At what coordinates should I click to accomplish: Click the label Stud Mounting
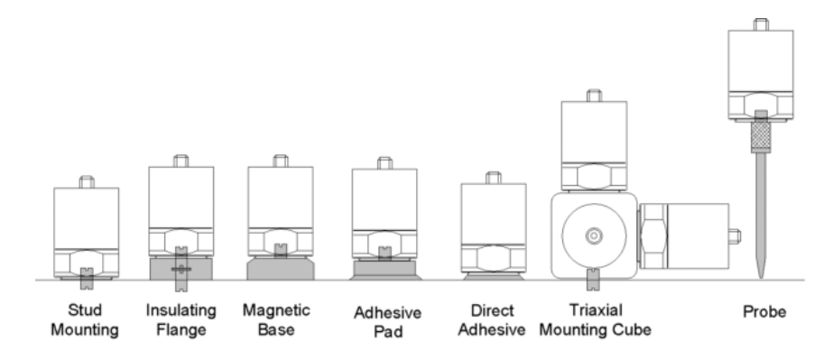[x=85, y=320]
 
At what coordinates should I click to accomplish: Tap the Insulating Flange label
[x=181, y=320]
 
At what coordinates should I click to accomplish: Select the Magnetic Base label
[x=276, y=320]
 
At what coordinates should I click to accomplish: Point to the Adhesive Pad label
[x=387, y=321]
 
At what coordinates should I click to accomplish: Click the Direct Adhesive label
[x=491, y=320]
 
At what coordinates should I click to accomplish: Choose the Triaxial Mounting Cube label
[x=596, y=320]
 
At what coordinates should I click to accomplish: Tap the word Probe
[x=764, y=311]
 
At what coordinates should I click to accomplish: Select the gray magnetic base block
[x=281, y=269]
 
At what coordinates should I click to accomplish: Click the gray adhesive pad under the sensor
[x=385, y=270]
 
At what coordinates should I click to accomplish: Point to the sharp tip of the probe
[x=761, y=278]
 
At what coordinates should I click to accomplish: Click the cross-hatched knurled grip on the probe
[x=761, y=135]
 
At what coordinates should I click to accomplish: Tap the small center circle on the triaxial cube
[x=594, y=236]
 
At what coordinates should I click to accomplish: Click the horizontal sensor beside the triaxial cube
[x=689, y=236]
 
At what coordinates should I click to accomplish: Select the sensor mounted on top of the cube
[x=594, y=141]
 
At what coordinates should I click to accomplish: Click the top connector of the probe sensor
[x=761, y=24]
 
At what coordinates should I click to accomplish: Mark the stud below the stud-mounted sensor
[x=87, y=279]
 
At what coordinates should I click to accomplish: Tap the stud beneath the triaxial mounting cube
[x=593, y=279]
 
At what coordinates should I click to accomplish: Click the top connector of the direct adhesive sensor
[x=493, y=178]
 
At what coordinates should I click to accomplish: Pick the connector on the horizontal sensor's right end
[x=735, y=236]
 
